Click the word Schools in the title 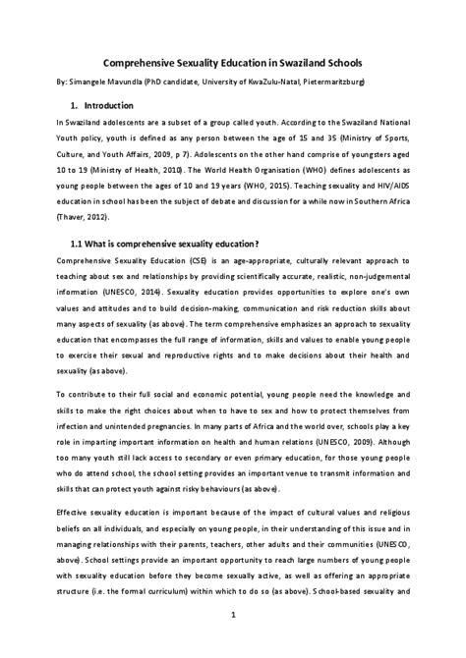(338, 59)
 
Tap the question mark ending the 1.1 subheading (258, 244)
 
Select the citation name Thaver (76, 216)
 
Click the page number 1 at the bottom (232, 617)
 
